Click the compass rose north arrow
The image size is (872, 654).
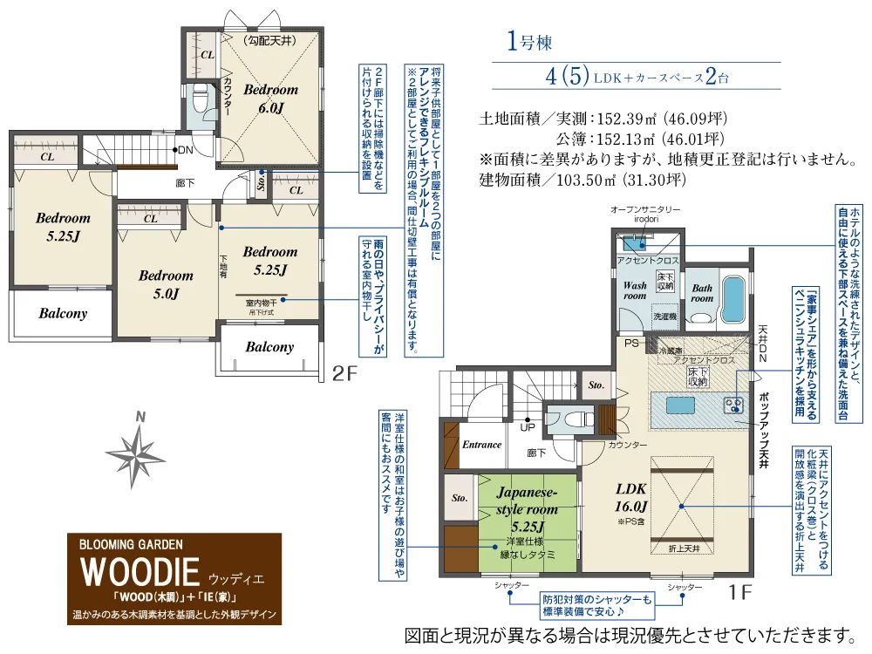134,452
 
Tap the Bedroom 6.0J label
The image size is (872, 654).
271,98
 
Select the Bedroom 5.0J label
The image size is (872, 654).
166,284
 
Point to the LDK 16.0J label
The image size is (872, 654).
631,498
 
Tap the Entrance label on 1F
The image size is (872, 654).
481,445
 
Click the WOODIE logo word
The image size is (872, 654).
140,571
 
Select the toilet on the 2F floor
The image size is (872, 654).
199,100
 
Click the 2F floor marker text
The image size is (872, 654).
344,373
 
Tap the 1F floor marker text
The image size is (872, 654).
740,592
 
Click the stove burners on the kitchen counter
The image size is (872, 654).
734,405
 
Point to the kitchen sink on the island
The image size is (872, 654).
680,405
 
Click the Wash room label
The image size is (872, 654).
635,290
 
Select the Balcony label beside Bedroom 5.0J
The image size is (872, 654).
63,314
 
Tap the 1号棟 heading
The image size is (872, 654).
529,41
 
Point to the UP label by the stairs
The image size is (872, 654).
528,427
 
